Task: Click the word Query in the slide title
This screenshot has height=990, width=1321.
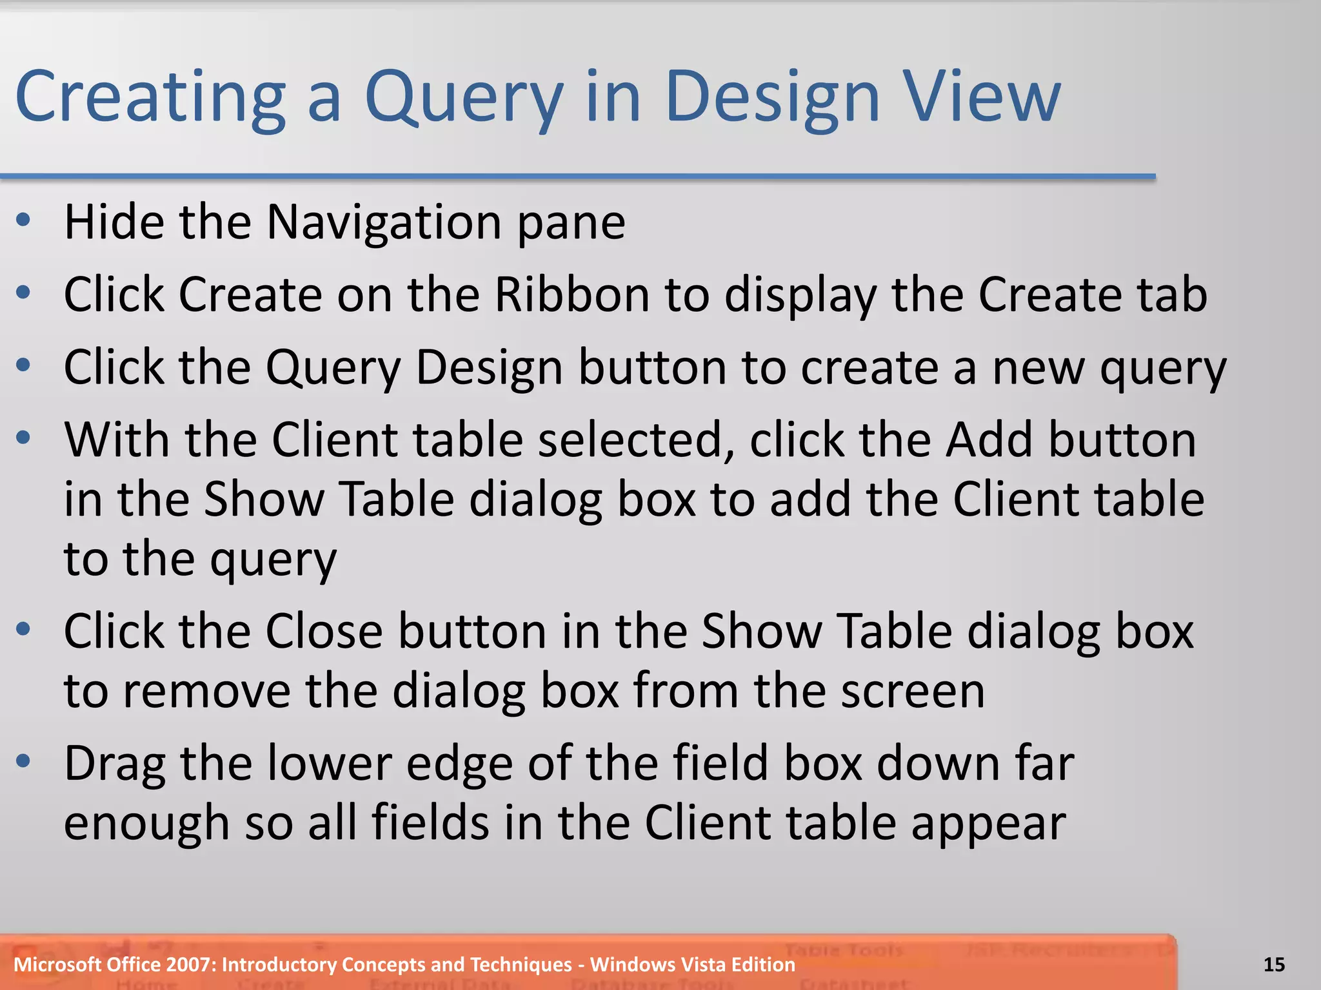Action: (463, 98)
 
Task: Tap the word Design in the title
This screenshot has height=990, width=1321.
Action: (771, 98)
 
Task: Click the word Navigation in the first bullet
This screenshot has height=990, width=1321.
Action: (384, 222)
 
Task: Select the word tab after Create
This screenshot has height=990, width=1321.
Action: (1171, 295)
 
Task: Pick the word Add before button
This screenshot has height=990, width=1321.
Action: (989, 440)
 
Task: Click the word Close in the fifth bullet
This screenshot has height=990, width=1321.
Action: (324, 631)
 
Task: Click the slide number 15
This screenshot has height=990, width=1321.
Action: (1274, 965)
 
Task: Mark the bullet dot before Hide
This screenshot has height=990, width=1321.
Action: (24, 221)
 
